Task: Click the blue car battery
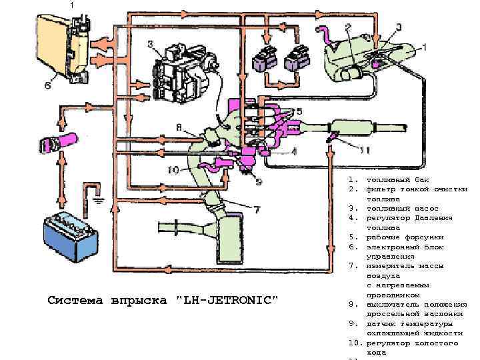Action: click(x=70, y=233)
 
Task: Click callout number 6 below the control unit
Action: click(x=47, y=85)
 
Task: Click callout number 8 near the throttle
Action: click(x=179, y=127)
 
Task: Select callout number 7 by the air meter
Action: click(x=256, y=210)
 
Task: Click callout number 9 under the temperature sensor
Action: click(x=258, y=181)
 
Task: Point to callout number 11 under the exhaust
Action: click(x=363, y=150)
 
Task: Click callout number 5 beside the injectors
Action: click(x=299, y=111)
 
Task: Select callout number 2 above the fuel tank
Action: click(x=348, y=28)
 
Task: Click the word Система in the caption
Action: click(x=71, y=300)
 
